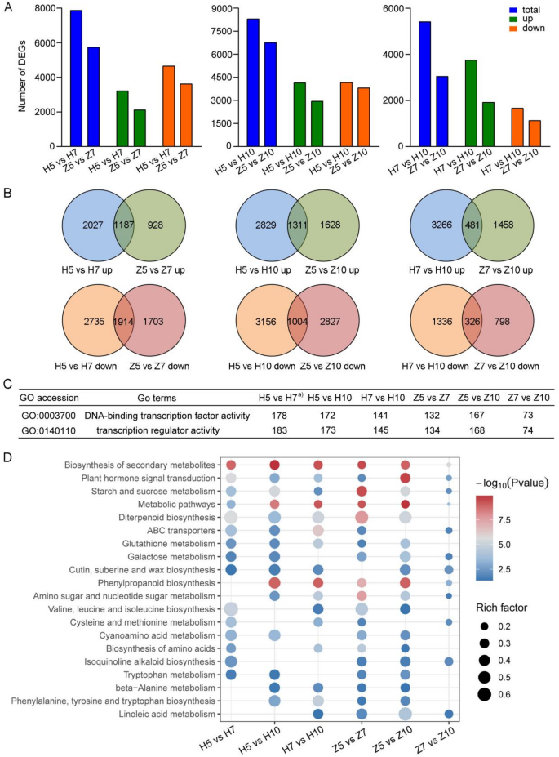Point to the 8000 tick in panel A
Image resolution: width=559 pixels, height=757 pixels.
(47, 8)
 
